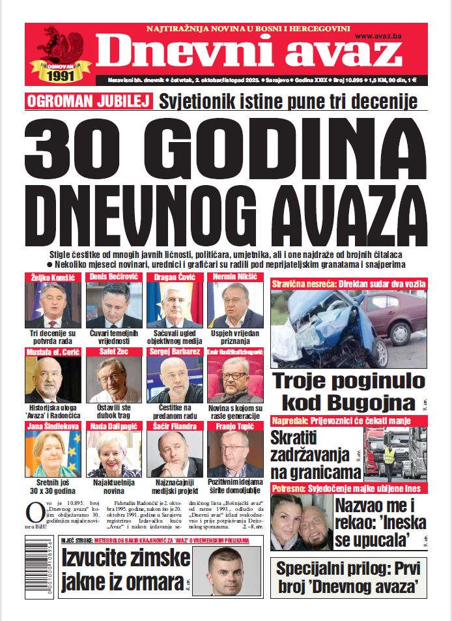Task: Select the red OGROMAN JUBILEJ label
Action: pos(89,102)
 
